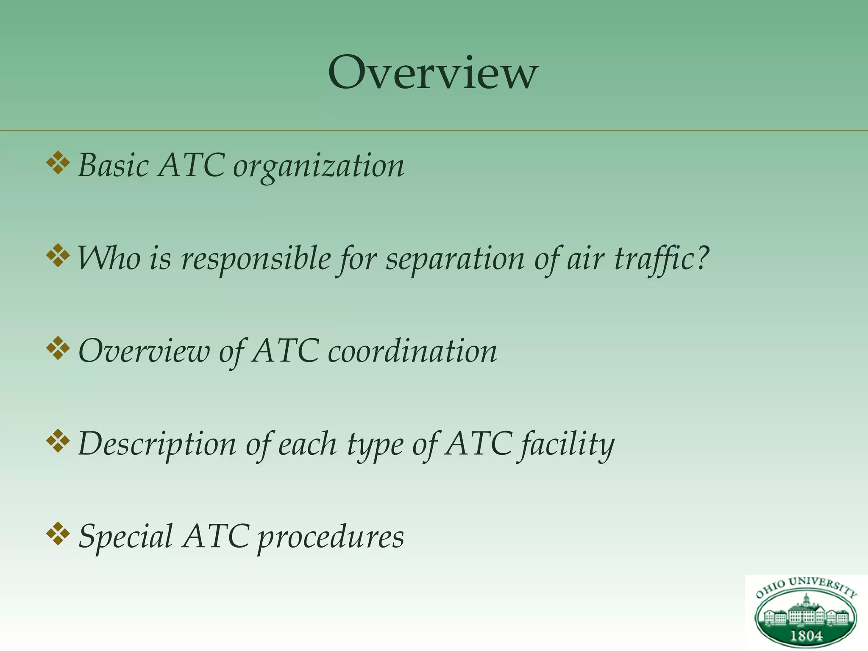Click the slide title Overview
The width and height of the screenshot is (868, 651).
coord(433,73)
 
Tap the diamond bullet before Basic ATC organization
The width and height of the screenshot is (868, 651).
coord(58,164)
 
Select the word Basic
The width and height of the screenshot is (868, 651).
coord(113,165)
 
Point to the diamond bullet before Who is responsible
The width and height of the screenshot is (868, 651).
coord(58,256)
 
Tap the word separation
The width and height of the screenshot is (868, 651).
coord(455,259)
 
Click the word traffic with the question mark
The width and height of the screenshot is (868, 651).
coord(661,259)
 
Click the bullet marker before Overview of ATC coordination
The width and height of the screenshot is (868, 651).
coord(58,349)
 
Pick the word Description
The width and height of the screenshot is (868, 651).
coord(157,445)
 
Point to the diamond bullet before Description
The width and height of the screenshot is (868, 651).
coord(58,441)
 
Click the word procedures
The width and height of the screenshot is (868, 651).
coord(331,537)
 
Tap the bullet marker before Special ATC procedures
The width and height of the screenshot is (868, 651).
coord(58,534)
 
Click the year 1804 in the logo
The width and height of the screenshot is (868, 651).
coord(806,636)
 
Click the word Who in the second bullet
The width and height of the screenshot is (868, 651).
coord(109,259)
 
